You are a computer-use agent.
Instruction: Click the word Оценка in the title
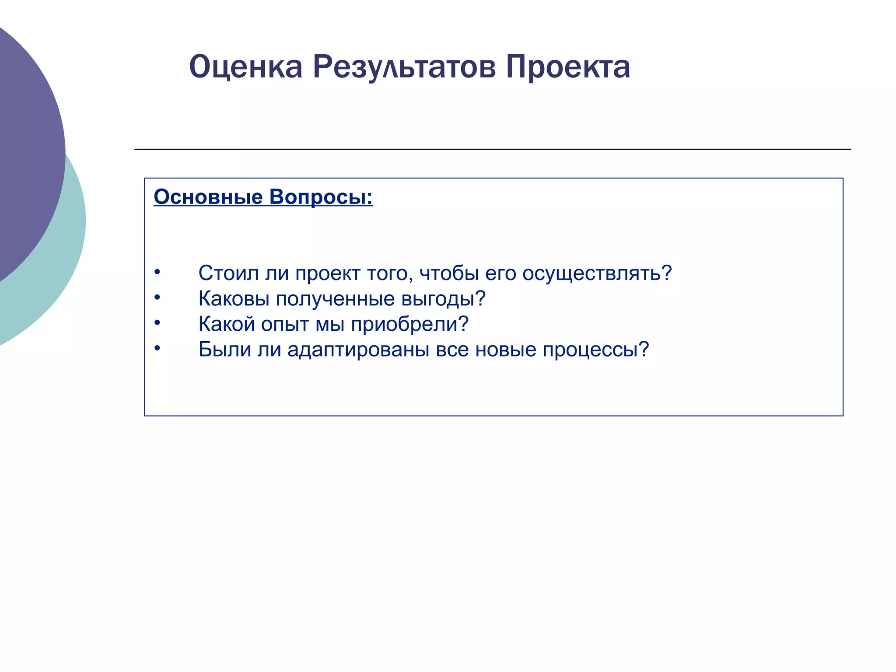coord(245,67)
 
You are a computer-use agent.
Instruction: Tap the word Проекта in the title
coord(568,67)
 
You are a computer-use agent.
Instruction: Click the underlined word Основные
coord(208,197)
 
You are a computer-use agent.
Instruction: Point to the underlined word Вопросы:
coord(321,197)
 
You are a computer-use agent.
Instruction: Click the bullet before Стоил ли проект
coord(157,272)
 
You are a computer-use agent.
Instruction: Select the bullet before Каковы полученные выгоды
coord(157,297)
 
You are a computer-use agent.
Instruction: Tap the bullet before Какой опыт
coord(157,323)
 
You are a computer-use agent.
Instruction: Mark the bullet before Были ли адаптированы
coord(157,348)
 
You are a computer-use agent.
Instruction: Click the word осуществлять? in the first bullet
coord(597,274)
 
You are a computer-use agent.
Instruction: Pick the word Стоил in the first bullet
coord(228,273)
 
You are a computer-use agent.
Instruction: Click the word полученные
coord(335,299)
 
